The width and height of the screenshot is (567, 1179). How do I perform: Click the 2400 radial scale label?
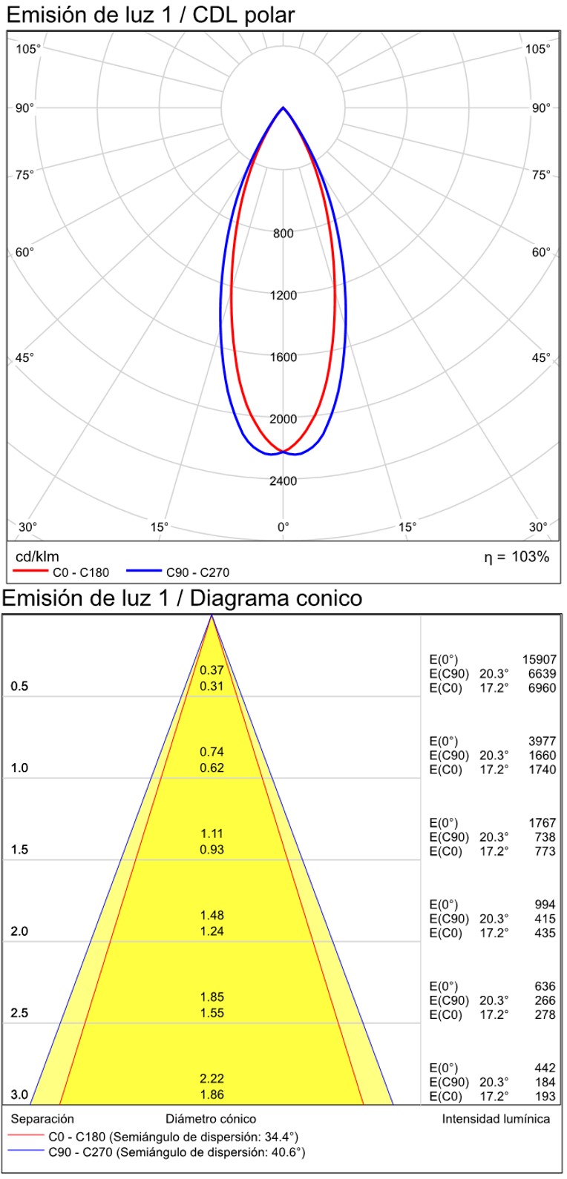tap(283, 480)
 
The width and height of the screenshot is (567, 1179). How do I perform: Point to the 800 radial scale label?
tap(283, 234)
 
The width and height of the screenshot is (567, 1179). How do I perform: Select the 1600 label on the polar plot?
tap(283, 357)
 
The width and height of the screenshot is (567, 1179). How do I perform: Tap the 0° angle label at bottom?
tap(283, 527)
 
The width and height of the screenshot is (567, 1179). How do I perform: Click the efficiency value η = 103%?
tap(517, 557)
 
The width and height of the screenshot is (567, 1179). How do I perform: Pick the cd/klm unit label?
tap(37, 557)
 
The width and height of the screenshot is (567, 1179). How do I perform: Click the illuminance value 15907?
tap(539, 659)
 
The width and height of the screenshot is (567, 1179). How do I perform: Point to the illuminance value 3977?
tap(542, 741)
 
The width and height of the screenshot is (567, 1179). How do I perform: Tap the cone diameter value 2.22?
tap(212, 1079)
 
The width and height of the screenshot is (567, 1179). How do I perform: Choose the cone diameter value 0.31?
tap(212, 686)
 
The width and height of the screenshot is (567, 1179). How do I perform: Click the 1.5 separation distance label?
tap(19, 850)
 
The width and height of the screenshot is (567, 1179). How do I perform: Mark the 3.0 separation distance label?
tap(19, 1095)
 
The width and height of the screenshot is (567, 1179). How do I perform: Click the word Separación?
tap(42, 1119)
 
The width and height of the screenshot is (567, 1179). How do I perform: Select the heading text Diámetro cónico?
tap(211, 1119)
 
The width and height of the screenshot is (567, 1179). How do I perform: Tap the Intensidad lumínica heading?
tap(496, 1119)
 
